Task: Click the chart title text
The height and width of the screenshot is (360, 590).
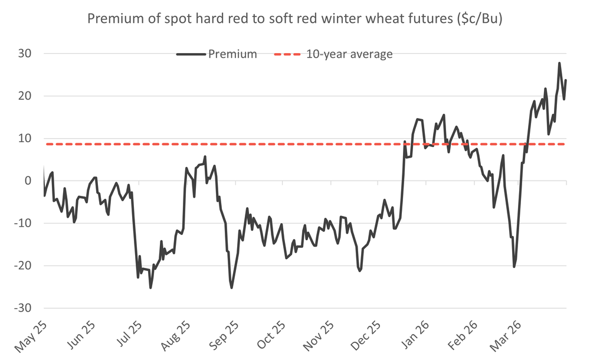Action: click(x=294, y=19)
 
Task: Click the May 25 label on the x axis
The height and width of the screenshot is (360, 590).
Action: click(x=29, y=333)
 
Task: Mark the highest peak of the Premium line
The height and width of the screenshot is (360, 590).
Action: click(x=559, y=63)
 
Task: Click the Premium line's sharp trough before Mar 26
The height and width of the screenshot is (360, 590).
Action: click(x=514, y=267)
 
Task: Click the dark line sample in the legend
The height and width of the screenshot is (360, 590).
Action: click(x=190, y=54)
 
